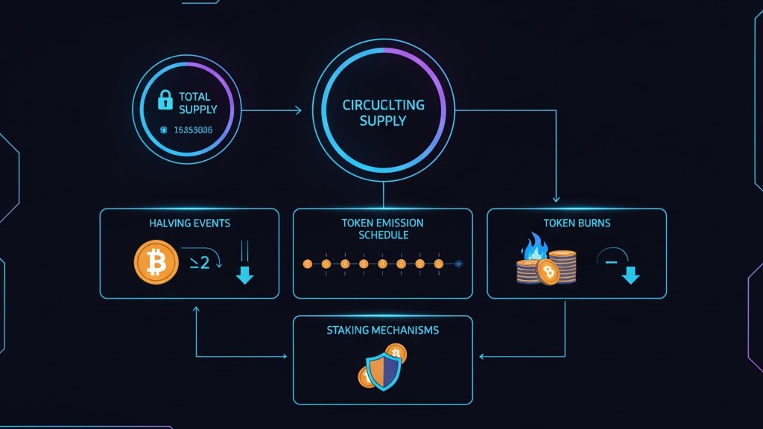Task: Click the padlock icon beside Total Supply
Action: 165,100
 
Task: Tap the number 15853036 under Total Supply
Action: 193,130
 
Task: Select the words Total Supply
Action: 197,103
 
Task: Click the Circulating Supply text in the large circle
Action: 383,112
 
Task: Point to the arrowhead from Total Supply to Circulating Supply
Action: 298,111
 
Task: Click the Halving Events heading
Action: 189,223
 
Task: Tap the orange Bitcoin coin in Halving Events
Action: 156,262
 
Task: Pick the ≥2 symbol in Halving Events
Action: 200,262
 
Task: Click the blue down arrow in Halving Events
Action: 244,276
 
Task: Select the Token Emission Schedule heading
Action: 383,229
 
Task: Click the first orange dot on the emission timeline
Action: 307,264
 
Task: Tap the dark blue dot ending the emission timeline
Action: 458,264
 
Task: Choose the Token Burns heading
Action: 576,223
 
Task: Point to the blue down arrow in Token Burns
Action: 631,276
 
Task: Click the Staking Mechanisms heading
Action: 382,330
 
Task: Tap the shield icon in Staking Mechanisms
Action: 384,371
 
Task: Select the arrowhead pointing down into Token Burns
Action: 556,199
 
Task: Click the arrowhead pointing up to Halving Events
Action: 195,307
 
